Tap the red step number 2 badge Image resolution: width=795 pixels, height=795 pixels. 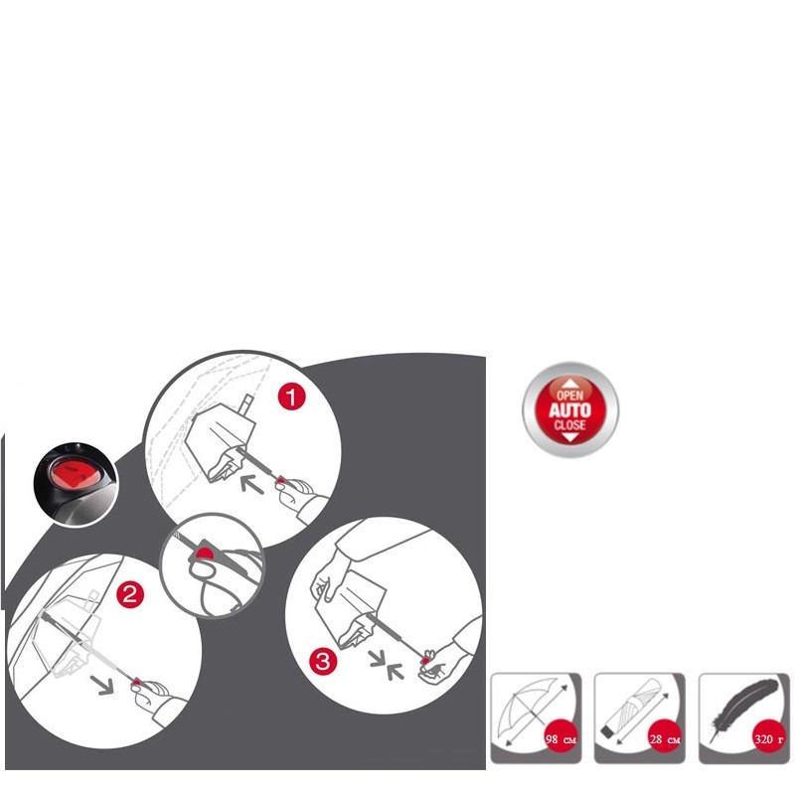click(130, 593)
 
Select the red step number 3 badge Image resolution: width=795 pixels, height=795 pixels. click(323, 661)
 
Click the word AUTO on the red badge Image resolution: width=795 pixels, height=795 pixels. click(569, 409)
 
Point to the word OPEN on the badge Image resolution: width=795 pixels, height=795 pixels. click(569, 395)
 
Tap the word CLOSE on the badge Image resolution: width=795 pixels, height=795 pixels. click(569, 424)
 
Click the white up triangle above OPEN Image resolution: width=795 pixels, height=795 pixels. click(569, 384)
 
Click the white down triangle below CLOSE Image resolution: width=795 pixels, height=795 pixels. click(569, 437)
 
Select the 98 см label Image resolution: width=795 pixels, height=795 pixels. click(560, 739)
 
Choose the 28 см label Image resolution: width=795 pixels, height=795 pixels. click(665, 739)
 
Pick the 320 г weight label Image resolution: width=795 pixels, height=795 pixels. click(768, 739)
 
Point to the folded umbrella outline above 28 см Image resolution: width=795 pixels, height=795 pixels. click(633, 708)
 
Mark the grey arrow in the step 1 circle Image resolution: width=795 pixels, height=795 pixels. click(252, 485)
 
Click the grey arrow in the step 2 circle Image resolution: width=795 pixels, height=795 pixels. click(102, 685)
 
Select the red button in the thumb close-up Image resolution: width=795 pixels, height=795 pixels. click(206, 553)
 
